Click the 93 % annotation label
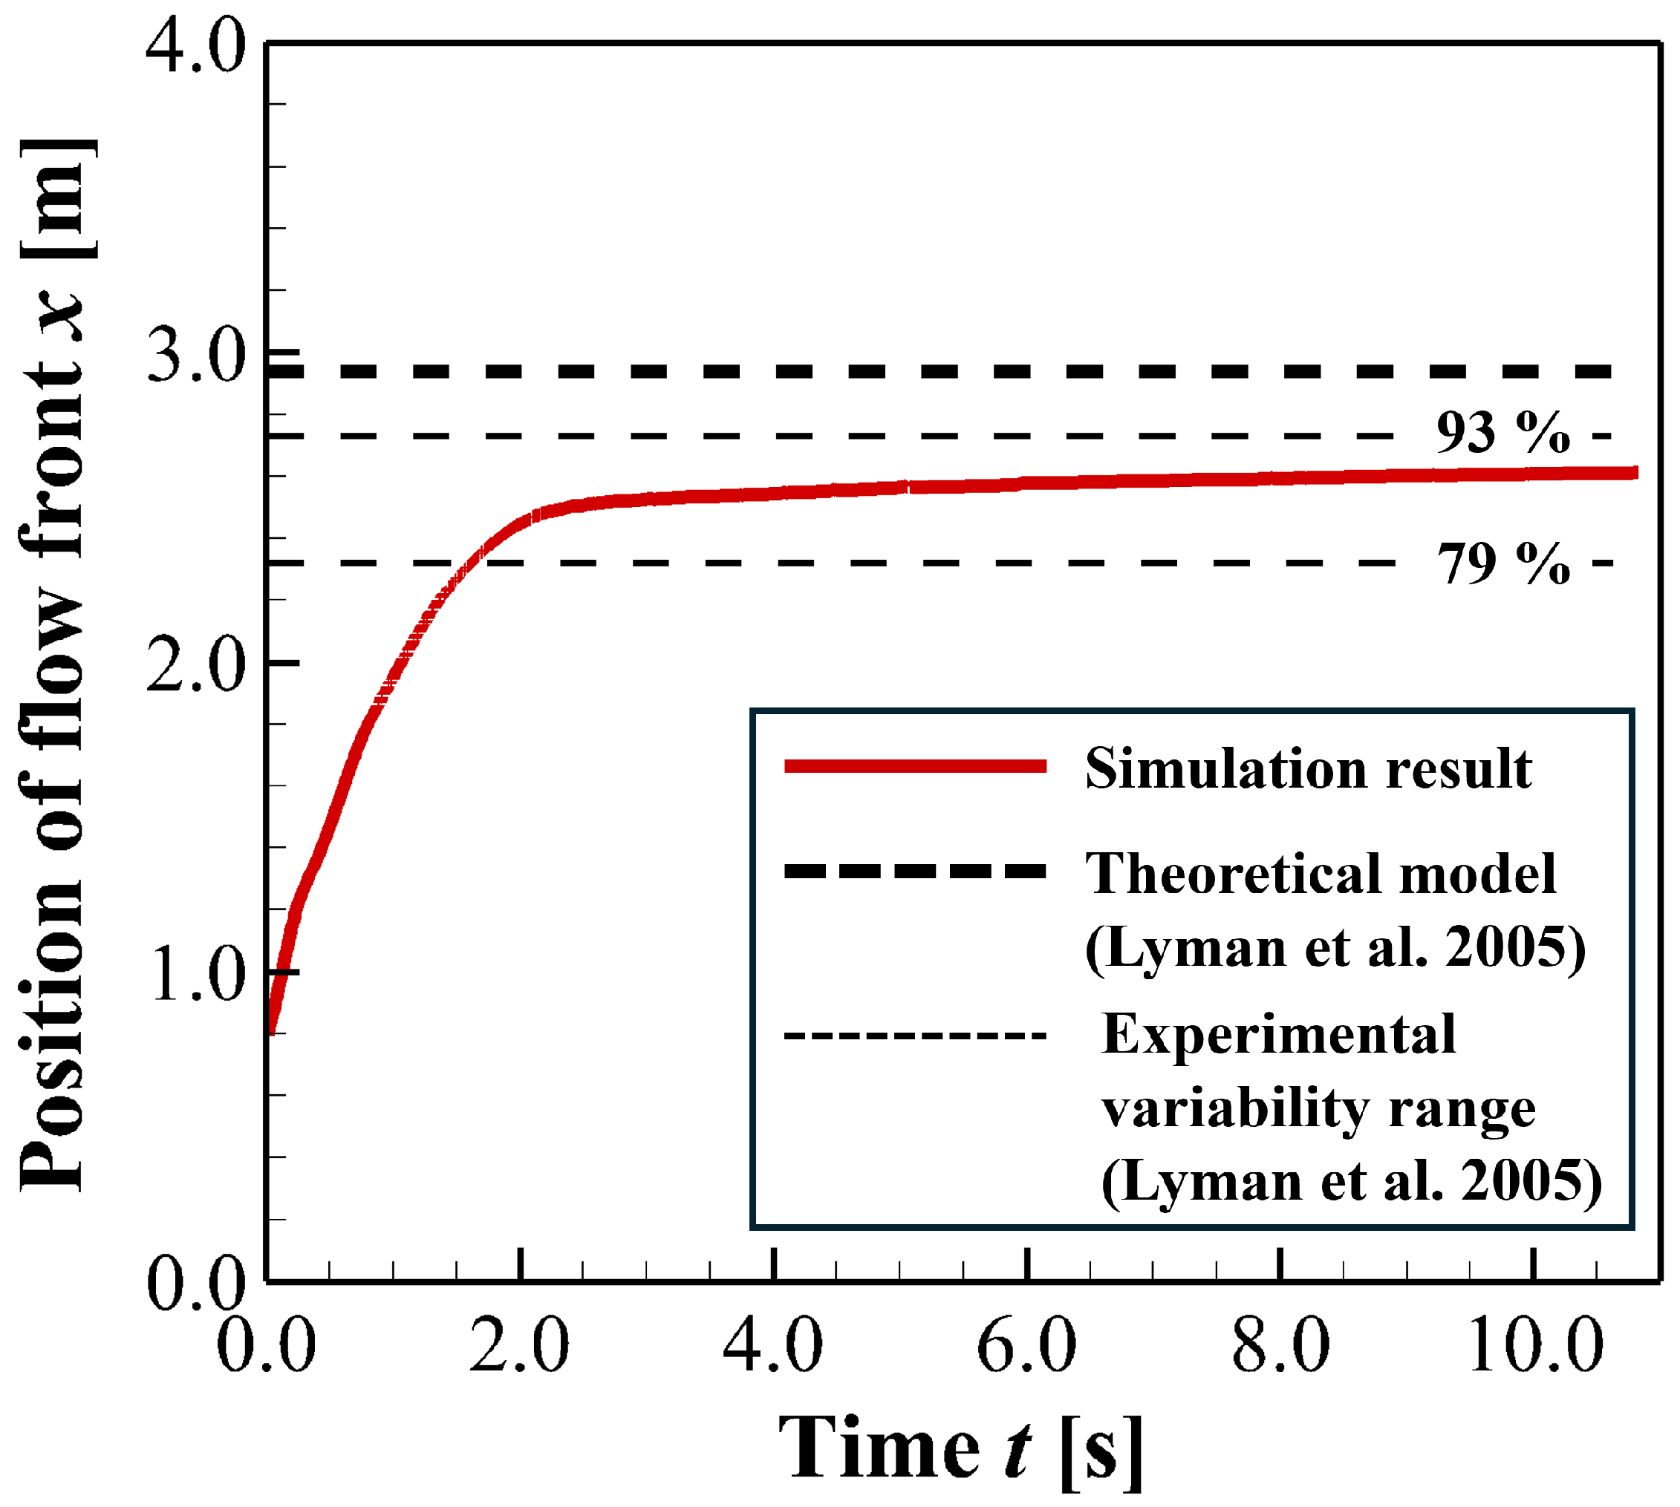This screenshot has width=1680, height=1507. [1502, 433]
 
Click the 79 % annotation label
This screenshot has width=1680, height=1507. [1502, 565]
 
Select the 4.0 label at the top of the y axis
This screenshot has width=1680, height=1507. [196, 48]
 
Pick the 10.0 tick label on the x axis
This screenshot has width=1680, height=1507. [1535, 1348]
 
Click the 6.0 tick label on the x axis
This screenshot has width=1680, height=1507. [1026, 1348]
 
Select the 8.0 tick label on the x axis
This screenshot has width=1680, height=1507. [1280, 1348]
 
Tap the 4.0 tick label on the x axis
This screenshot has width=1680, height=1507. [773, 1348]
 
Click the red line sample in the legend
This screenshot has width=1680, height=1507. [915, 766]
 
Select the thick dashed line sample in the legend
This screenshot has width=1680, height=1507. [915, 870]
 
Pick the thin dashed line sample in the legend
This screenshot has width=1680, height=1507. [915, 1036]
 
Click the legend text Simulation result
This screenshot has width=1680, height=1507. [1308, 768]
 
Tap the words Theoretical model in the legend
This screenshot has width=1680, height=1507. [1321, 874]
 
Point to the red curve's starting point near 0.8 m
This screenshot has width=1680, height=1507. [272, 1031]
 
